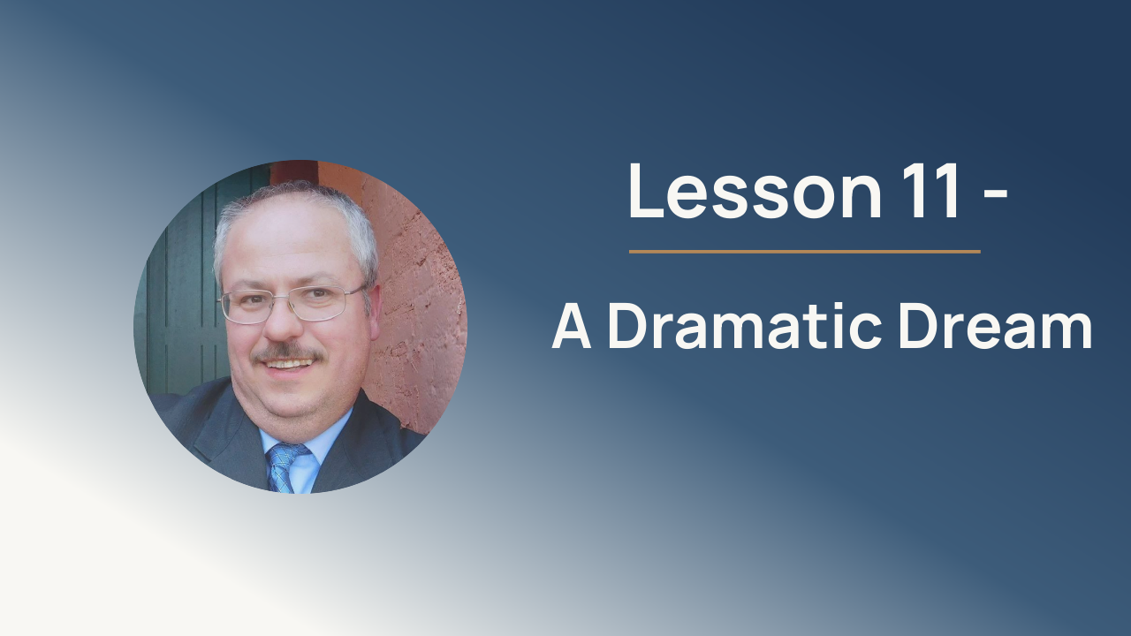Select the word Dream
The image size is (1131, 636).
click(x=995, y=325)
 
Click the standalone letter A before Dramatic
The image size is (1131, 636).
click(x=571, y=327)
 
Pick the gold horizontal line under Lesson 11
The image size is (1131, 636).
click(x=805, y=251)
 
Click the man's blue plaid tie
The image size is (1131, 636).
click(x=284, y=467)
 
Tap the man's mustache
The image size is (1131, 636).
click(x=289, y=352)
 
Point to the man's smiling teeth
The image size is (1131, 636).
click(x=289, y=363)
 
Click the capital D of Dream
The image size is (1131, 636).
click(x=918, y=326)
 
